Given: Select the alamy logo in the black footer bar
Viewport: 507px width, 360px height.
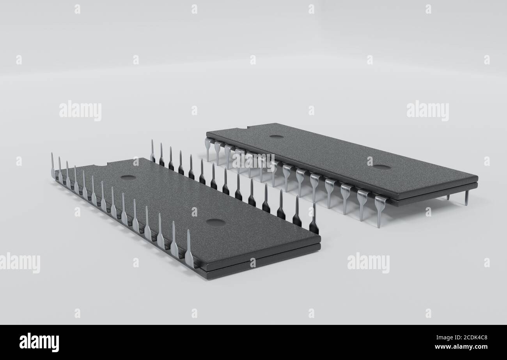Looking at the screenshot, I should [39, 342].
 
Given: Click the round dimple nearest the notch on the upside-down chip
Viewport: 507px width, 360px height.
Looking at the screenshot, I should [128, 177].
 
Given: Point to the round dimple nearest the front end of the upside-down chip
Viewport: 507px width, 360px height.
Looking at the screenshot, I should [215, 223].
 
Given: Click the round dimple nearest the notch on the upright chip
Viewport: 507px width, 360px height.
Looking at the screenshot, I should [277, 137].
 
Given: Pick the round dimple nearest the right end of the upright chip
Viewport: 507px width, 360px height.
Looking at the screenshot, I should [381, 167].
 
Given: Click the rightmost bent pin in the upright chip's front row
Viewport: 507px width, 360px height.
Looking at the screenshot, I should [379, 211].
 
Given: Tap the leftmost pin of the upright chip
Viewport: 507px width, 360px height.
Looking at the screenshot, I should [207, 148].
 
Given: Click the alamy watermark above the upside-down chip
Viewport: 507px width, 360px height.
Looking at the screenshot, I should [80, 111].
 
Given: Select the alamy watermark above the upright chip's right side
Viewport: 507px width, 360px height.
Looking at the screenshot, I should [427, 111].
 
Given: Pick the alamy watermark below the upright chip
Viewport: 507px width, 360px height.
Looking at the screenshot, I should [368, 263].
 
